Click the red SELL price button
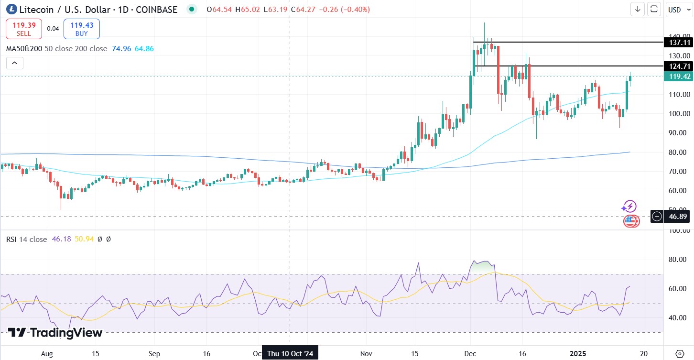24,29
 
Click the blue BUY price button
82,29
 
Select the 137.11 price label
679,43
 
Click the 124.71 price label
679,66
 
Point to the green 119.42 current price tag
679,76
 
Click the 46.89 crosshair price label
679,217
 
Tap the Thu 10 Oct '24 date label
290,353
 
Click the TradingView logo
55,333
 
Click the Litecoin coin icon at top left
11,9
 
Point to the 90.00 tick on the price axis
679,133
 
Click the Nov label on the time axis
366,353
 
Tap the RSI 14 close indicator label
27,239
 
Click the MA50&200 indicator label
24,48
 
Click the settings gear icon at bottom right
680,353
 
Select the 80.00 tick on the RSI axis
679,260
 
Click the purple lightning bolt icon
629,207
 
